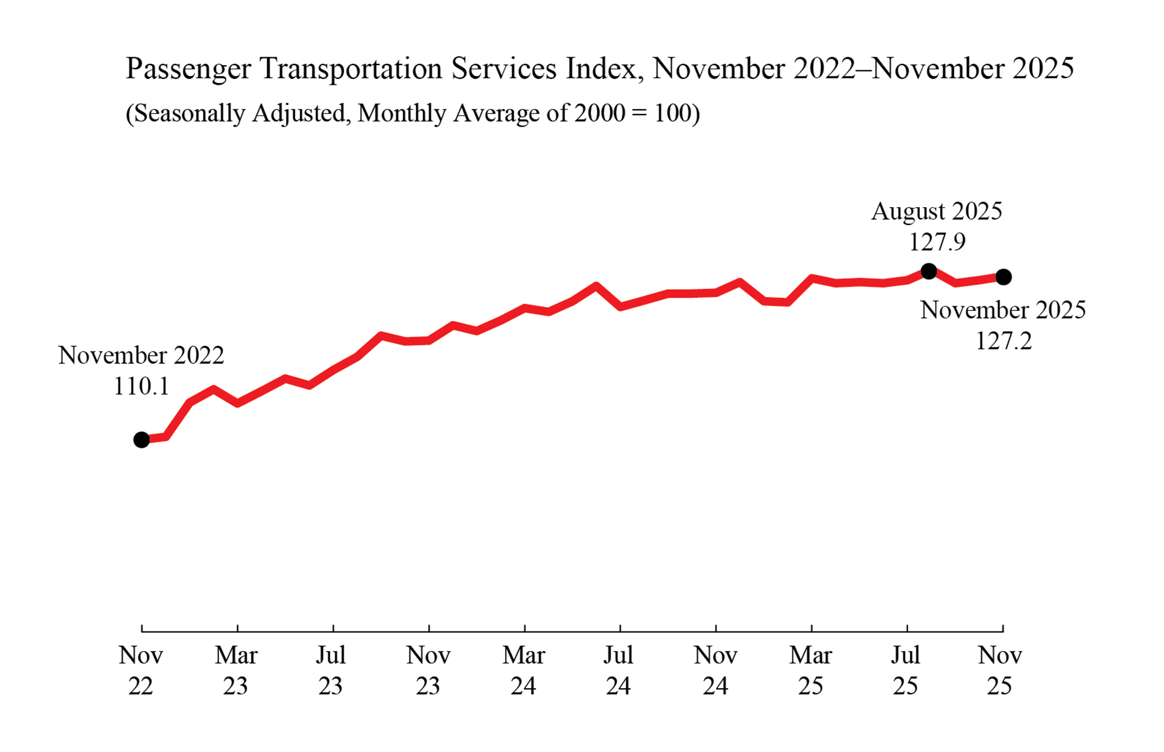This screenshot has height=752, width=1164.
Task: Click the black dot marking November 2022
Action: (x=141, y=440)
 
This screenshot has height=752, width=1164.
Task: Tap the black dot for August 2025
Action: (x=929, y=272)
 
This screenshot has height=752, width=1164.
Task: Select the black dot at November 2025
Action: (x=1003, y=277)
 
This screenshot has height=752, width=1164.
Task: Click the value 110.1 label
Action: (x=141, y=387)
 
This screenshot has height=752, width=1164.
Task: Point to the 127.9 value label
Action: (x=937, y=242)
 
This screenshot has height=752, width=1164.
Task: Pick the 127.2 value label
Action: (x=1003, y=341)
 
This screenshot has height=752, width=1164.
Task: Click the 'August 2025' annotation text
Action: (x=936, y=211)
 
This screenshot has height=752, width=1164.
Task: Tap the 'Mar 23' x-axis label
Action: (x=236, y=670)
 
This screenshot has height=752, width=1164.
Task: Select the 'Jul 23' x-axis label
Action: (x=331, y=670)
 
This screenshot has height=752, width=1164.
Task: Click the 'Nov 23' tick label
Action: (x=428, y=670)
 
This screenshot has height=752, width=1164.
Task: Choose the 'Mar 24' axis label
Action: (x=524, y=670)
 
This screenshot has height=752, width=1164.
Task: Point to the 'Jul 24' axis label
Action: (x=618, y=670)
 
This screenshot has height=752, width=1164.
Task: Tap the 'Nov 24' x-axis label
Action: (x=715, y=670)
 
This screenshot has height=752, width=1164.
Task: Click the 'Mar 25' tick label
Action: (x=811, y=670)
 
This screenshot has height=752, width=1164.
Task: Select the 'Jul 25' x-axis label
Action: (x=906, y=670)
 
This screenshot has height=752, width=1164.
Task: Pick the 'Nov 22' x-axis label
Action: (x=141, y=670)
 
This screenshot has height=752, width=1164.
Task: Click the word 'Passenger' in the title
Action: (x=188, y=69)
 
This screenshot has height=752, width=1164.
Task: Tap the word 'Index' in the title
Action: (x=601, y=68)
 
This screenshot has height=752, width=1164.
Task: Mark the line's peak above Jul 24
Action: (x=596, y=285)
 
